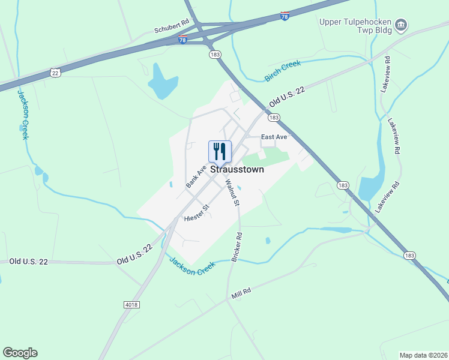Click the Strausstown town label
(236, 170)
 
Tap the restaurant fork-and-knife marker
(220, 151)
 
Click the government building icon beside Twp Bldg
(402, 25)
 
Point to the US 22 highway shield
(55, 71)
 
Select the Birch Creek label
(282, 71)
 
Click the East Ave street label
(274, 137)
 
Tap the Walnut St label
(232, 193)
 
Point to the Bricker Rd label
(237, 247)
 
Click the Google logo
(20, 353)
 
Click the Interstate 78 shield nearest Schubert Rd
(182, 40)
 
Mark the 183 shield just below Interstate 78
(215, 54)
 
